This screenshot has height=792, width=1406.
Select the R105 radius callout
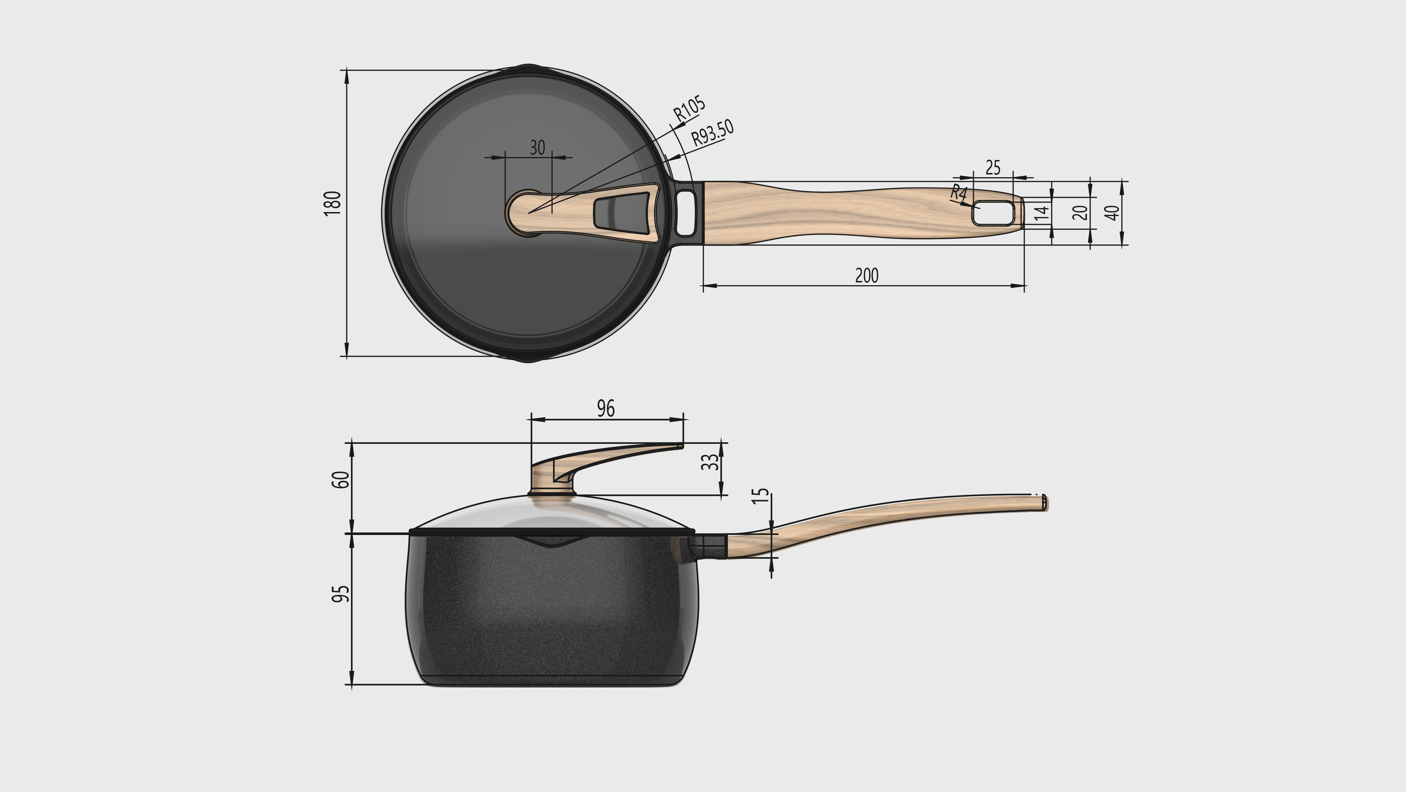click(689, 108)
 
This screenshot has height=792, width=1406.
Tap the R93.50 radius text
click(712, 132)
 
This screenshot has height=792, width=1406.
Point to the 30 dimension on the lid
click(537, 147)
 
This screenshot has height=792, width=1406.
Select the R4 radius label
click(958, 192)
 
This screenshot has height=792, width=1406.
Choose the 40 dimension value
click(1112, 212)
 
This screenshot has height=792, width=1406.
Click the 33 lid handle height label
click(710, 462)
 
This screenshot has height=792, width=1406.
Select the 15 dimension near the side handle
click(760, 496)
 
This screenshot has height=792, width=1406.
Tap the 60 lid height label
click(340, 480)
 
